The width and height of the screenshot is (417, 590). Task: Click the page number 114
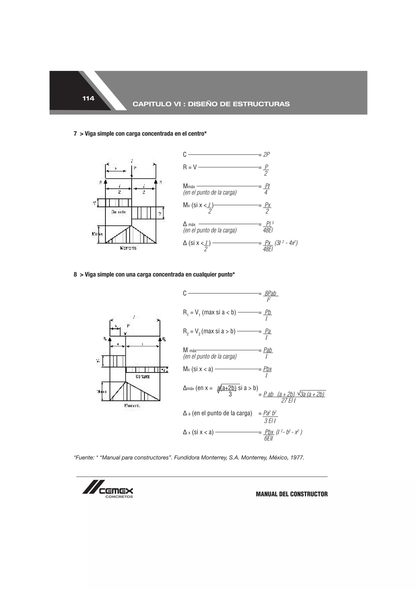(x=88, y=98)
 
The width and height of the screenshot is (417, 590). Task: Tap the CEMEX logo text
(x=116, y=491)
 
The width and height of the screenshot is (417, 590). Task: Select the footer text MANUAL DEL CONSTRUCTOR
(x=292, y=494)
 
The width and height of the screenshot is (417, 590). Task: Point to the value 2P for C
(x=267, y=154)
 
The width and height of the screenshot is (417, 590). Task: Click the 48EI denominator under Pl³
(x=268, y=230)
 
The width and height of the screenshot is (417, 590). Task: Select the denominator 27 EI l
(x=289, y=401)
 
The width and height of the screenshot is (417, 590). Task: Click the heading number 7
(x=75, y=134)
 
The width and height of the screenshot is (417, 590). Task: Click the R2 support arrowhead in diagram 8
(x=160, y=339)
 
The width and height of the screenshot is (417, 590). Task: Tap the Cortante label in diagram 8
(x=143, y=376)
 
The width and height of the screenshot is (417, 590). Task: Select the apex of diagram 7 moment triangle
(x=131, y=226)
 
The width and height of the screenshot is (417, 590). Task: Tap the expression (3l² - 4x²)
(x=286, y=243)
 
